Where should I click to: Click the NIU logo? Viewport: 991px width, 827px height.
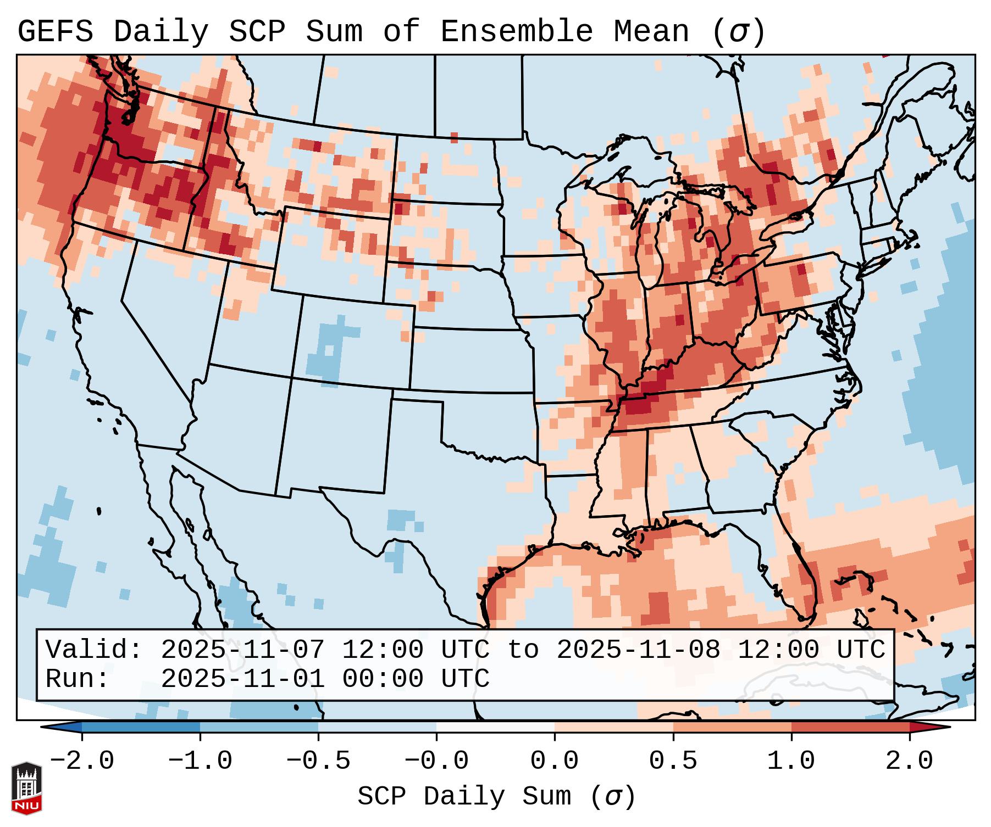(x=26, y=788)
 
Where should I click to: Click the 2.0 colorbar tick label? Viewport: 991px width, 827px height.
(x=909, y=761)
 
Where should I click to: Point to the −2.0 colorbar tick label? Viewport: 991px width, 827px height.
(x=82, y=761)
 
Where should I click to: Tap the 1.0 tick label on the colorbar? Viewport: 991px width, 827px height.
(x=791, y=761)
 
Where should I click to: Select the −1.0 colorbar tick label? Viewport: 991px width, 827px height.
(x=200, y=761)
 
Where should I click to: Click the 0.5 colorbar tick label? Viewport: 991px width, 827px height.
(x=673, y=761)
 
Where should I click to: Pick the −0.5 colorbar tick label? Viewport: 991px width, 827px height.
(x=318, y=761)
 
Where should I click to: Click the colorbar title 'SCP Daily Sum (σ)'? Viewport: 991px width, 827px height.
(x=496, y=796)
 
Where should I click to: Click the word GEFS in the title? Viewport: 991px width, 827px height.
(x=55, y=31)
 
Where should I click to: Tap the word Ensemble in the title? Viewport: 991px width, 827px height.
(x=516, y=31)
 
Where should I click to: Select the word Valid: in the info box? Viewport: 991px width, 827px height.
(x=94, y=650)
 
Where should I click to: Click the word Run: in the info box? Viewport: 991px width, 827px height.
(x=77, y=679)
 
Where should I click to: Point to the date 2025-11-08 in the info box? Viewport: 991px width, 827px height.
(x=638, y=650)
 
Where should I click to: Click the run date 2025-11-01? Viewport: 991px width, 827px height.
(x=242, y=679)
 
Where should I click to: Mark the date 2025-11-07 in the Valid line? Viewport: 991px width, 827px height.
(x=242, y=650)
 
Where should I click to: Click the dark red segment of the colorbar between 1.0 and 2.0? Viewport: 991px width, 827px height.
(x=850, y=727)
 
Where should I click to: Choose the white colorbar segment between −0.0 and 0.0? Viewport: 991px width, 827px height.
(x=495, y=727)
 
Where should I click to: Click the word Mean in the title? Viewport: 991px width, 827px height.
(x=651, y=31)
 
